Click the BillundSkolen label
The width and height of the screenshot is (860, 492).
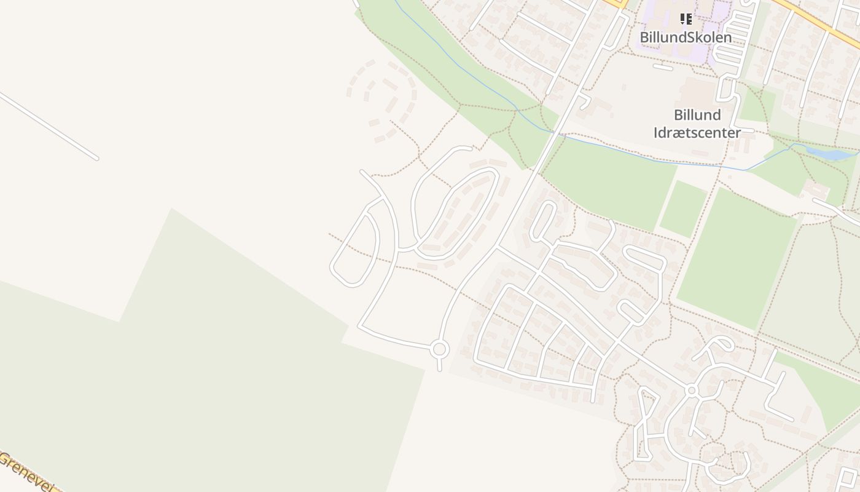(x=686, y=38)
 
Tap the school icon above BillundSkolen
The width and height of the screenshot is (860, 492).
(x=686, y=19)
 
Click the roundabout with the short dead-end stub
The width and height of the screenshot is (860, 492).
(x=439, y=350)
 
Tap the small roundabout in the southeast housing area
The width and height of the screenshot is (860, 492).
(x=692, y=391)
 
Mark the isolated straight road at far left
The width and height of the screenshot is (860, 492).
(x=49, y=126)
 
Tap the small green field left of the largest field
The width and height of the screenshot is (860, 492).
(x=683, y=209)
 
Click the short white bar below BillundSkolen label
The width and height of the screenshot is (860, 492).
(x=663, y=67)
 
